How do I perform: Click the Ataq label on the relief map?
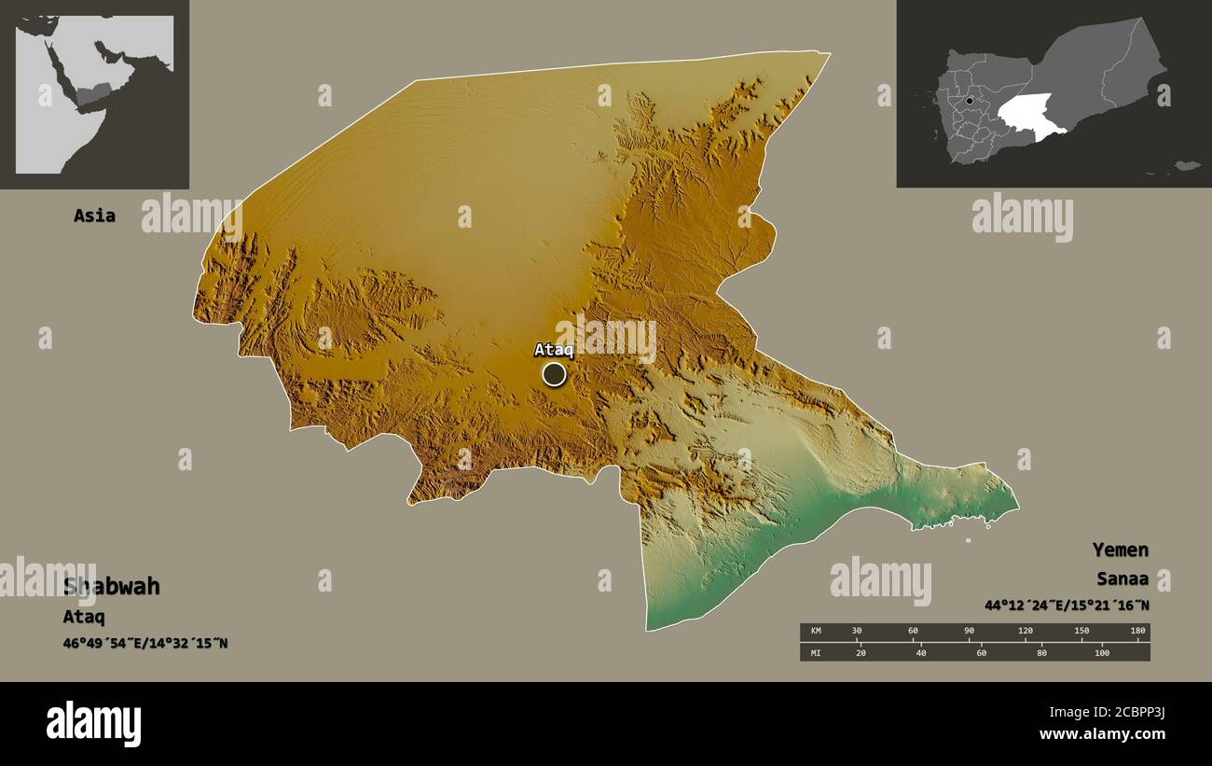point(553,351)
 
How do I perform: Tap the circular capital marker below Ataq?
point(554,374)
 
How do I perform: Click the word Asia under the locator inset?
point(94,216)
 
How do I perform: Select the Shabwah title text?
point(111,587)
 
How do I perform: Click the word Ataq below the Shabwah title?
point(83,617)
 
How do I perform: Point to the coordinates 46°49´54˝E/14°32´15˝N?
point(145,643)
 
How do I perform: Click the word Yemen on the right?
point(1121,550)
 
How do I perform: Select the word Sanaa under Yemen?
point(1122,578)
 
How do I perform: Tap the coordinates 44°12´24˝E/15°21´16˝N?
point(1067,606)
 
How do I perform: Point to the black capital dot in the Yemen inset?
point(970,101)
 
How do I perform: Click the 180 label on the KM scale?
point(1136,631)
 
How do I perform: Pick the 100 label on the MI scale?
point(1101,652)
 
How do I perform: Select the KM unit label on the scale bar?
point(816,631)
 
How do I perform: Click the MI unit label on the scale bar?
point(816,652)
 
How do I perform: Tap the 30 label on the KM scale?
point(857,631)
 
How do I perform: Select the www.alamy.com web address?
point(1102,735)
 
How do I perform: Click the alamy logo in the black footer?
point(93,724)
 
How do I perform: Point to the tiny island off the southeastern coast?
point(968,540)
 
